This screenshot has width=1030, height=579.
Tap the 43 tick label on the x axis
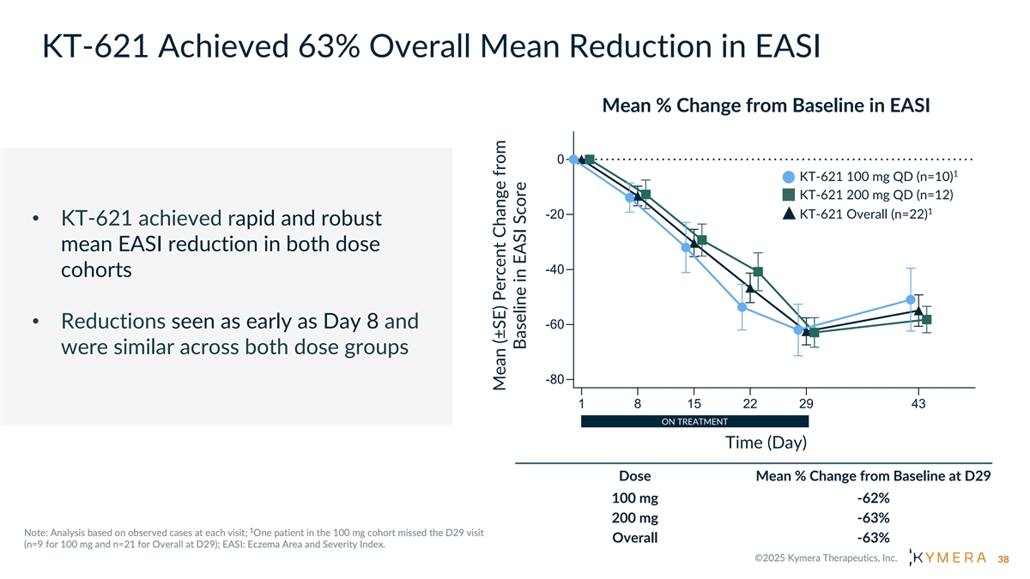pyautogui.click(x=918, y=404)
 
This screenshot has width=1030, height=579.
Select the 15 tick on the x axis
pyautogui.click(x=694, y=404)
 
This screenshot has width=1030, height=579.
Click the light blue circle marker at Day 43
pyautogui.click(x=910, y=299)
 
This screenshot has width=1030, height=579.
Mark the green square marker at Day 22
pyautogui.click(x=758, y=272)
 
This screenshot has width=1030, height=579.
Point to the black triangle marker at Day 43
pyautogui.click(x=918, y=311)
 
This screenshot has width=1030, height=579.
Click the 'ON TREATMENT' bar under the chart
pyautogui.click(x=694, y=421)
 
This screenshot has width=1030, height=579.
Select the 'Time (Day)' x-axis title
pyautogui.click(x=766, y=443)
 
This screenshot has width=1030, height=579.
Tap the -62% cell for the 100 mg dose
pyautogui.click(x=873, y=498)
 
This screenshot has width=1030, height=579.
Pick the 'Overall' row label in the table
pyautogui.click(x=634, y=538)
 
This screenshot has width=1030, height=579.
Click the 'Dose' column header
pyautogui.click(x=634, y=476)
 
